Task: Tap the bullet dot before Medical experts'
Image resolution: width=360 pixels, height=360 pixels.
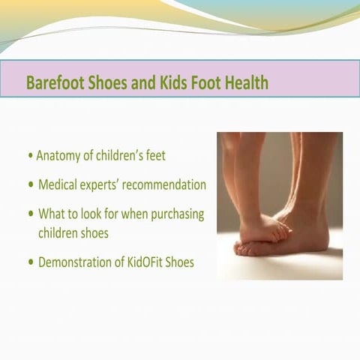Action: pos(30,185)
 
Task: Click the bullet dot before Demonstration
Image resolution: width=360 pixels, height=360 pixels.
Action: pos(30,262)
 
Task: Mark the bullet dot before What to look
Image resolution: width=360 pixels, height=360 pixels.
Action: pos(30,214)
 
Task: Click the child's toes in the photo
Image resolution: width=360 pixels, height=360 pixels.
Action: pos(280,233)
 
